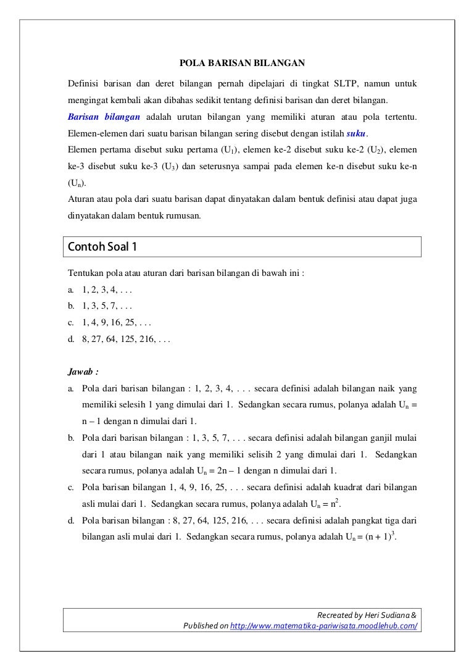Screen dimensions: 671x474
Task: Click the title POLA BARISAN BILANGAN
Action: click(242, 62)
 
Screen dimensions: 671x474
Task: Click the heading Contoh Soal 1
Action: click(102, 247)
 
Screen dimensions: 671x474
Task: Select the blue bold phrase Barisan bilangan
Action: click(104, 117)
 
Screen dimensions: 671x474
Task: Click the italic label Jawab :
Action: click(83, 372)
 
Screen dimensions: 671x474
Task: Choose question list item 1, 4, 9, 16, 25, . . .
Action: click(117, 322)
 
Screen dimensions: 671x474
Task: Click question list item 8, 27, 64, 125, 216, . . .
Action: click(126, 339)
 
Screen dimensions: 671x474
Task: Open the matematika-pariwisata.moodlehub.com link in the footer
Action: click(323, 626)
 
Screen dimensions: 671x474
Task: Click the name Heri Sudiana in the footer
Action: click(386, 615)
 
